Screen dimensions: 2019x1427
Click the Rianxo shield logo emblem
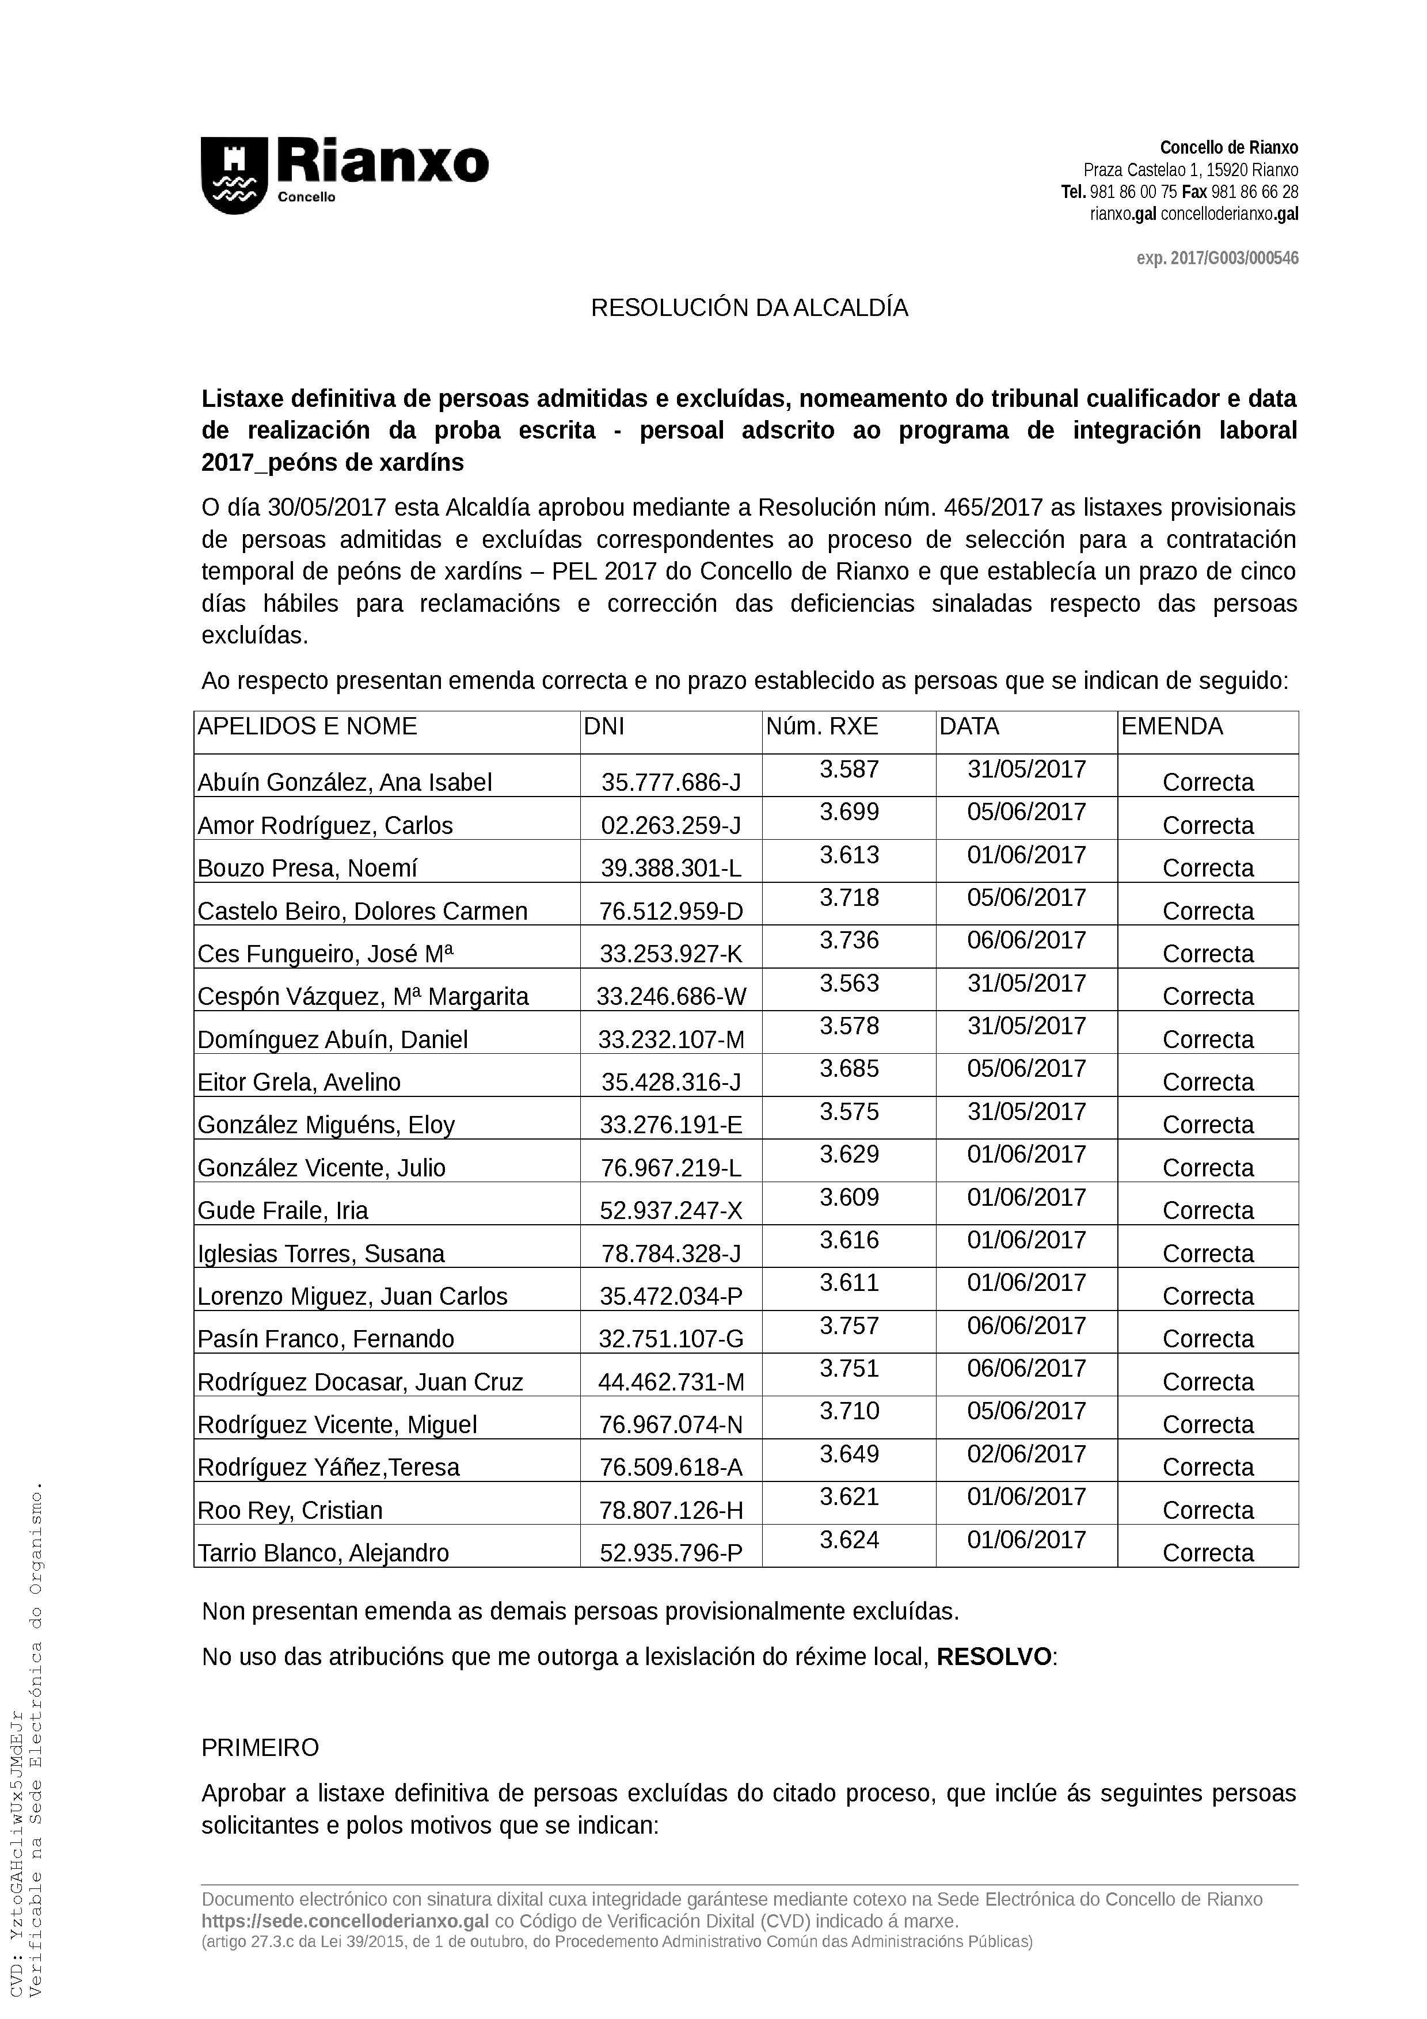pos(234,174)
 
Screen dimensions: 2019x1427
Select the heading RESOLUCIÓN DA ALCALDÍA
pos(749,308)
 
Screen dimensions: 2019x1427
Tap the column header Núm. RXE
pos(821,726)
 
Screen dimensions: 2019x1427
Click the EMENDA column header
pos(1171,726)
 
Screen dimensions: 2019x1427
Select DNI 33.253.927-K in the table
pos(671,954)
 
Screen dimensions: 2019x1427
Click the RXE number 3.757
pos(848,1325)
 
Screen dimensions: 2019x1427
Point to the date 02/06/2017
pos(1026,1454)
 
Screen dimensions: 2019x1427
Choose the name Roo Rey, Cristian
pos(290,1511)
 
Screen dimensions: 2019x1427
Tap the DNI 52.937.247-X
pos(671,1211)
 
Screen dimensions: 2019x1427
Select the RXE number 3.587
pos(848,769)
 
